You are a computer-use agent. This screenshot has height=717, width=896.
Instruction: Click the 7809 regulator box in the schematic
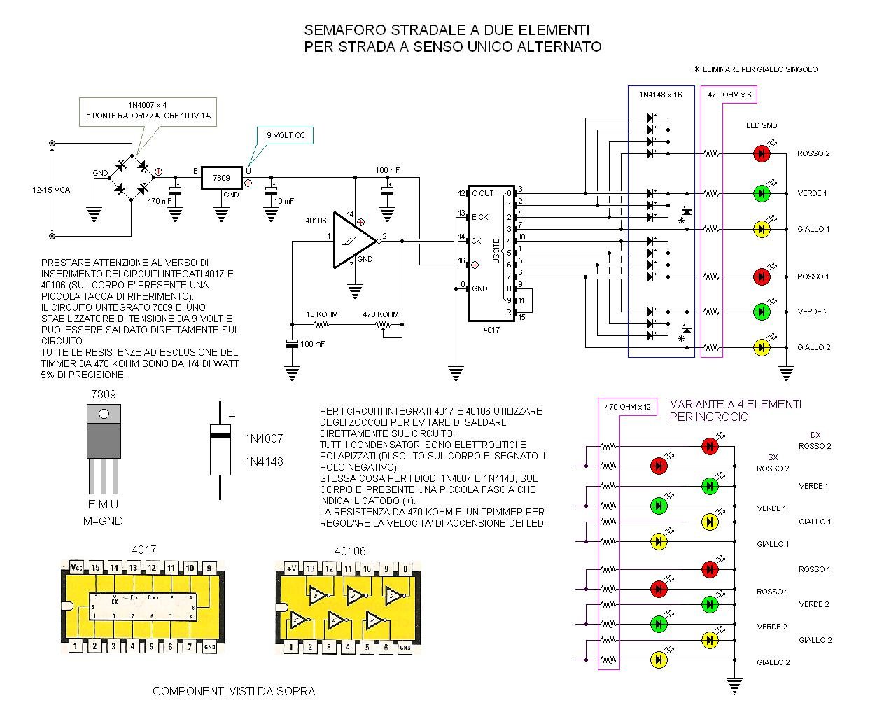pos(221,178)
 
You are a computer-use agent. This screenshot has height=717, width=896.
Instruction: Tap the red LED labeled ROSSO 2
pos(762,153)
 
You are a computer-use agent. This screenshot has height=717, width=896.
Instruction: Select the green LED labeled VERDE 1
pos(762,193)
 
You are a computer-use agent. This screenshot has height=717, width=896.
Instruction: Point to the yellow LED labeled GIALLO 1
pos(762,229)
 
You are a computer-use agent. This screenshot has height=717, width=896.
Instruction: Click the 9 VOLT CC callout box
pos(285,135)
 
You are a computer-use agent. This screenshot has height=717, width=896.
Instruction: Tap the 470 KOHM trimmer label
pos(381,314)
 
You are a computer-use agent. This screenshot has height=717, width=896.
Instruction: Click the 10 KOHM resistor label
pos(322,314)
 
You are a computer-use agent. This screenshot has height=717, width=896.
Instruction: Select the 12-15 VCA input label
pos(51,190)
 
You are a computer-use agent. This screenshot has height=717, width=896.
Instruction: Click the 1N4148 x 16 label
pos(660,95)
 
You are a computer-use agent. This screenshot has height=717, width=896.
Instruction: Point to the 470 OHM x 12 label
pos(627,407)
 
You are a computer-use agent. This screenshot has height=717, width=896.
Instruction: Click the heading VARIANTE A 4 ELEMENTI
pos(736,404)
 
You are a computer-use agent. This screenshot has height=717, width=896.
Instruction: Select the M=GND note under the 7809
pos(103,521)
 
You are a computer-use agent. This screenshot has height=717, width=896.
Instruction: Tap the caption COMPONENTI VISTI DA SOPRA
pos(234,691)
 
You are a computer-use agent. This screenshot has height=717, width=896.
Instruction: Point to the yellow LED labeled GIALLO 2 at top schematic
pos(762,347)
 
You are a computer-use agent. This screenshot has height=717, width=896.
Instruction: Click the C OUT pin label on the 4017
pos(482,193)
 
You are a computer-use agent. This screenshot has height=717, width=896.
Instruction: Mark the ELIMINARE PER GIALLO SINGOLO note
pos(755,69)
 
